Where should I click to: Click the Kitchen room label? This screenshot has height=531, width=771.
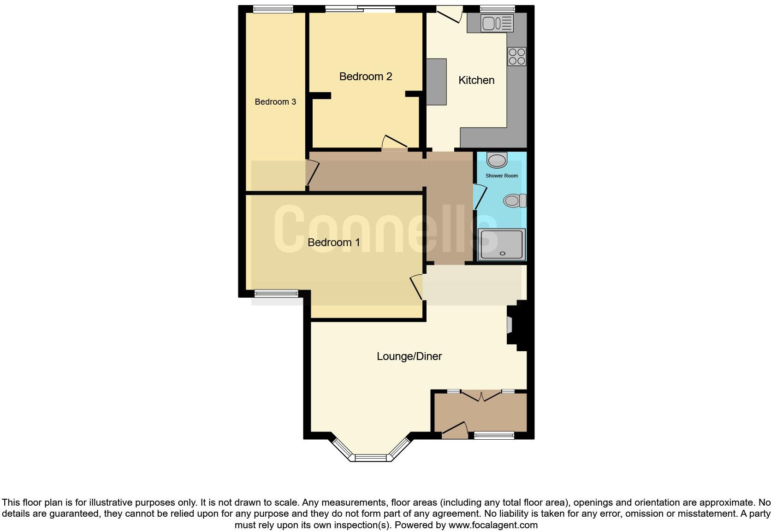click(476, 80)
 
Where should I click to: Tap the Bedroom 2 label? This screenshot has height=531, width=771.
click(365, 77)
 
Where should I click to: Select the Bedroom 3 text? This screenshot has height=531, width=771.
click(275, 102)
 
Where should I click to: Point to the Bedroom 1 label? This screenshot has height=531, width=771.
click(333, 242)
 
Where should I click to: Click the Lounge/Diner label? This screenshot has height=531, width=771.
click(409, 356)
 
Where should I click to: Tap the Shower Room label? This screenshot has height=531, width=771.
click(501, 176)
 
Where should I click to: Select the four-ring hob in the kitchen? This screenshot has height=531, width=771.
click(516, 57)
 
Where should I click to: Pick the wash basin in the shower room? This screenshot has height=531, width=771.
click(497, 160)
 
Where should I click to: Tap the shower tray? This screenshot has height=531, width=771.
click(502, 244)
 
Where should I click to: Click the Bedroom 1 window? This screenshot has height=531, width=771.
click(276, 293)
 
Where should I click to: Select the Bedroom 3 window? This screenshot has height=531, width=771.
click(273, 8)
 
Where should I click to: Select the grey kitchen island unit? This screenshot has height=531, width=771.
click(436, 82)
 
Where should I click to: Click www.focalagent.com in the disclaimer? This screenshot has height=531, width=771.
click(492, 525)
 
